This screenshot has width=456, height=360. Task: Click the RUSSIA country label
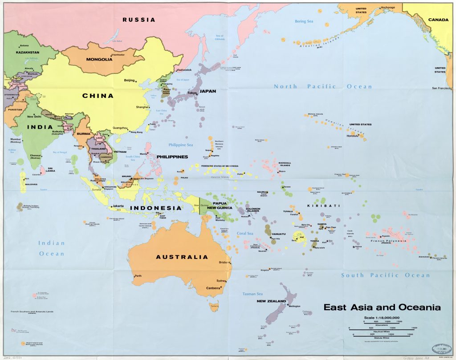pyautogui.click(x=139, y=20)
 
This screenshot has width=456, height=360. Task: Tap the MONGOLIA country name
pyautogui.click(x=99, y=59)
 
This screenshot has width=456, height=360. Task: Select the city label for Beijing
pyautogui.click(x=129, y=81)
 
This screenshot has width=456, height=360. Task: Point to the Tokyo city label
pyautogui.click(x=191, y=93)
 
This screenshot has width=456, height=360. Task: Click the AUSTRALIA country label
pyautogui.click(x=182, y=257)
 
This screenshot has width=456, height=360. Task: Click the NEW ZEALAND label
pyautogui.click(x=271, y=301)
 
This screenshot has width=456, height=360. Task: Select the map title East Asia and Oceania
pyautogui.click(x=382, y=307)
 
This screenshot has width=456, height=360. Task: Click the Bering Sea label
pyautogui.click(x=307, y=21)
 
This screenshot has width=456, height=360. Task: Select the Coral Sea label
pyautogui.click(x=244, y=233)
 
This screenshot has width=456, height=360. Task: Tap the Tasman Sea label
pyautogui.click(x=252, y=294)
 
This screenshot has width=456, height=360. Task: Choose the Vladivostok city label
pyautogui.click(x=184, y=70)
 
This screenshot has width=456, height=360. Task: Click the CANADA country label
pyautogui.click(x=438, y=20)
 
